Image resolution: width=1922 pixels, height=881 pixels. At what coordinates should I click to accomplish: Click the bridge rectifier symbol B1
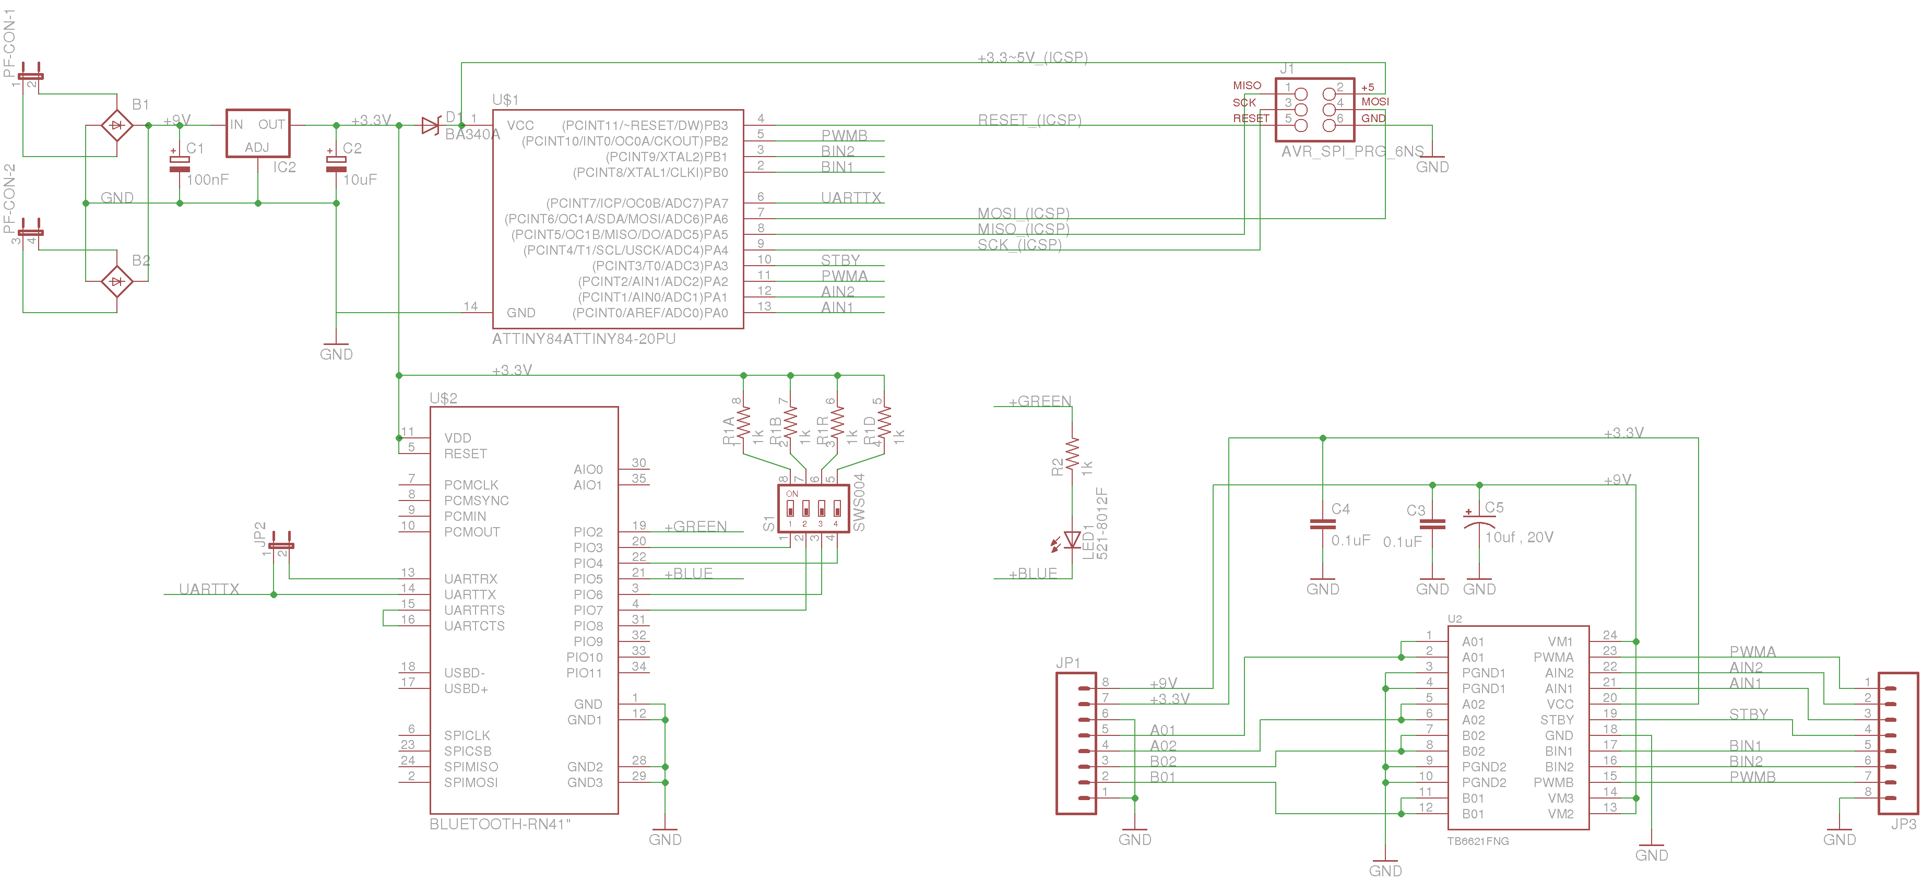116,125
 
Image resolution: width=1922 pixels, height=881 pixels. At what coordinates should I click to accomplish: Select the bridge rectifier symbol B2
116,281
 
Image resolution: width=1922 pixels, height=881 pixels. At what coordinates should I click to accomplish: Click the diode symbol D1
431,125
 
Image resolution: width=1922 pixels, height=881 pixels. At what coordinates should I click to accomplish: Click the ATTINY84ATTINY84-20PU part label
584,339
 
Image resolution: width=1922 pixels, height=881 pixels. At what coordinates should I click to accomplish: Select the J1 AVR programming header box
1315,109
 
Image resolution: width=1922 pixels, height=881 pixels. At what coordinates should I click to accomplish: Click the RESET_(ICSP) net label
1029,120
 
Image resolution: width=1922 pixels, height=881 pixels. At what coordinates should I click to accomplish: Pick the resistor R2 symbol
1072,454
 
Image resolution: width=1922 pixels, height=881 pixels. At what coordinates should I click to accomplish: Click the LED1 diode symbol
1072,539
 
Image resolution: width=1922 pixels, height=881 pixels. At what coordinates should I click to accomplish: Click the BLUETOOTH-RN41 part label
499,824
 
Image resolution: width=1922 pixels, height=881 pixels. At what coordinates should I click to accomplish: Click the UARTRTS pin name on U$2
474,610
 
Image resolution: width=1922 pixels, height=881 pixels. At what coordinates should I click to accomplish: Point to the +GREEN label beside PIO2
695,526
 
